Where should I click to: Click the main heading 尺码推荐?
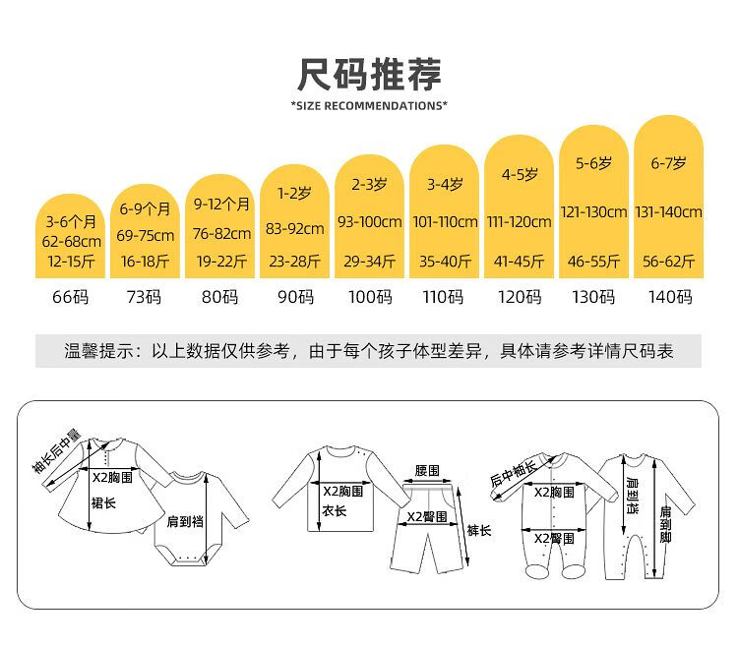point(369,75)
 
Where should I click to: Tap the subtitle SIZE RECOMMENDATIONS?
point(369,105)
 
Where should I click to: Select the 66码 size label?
point(70,297)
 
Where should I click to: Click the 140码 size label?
point(670,297)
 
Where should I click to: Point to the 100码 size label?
point(370,297)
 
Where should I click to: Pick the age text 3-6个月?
point(71,221)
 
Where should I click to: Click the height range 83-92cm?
point(294,229)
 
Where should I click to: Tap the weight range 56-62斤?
point(669,261)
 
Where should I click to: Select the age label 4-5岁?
point(520,174)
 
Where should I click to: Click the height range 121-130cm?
point(594,212)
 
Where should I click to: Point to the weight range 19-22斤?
point(221,261)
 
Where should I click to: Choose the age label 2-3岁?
point(369,184)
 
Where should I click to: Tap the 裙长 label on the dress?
point(103,503)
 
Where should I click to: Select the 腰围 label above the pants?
point(427,470)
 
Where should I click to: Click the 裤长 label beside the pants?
point(479,530)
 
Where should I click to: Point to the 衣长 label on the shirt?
point(335,510)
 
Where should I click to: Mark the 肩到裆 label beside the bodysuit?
point(185,521)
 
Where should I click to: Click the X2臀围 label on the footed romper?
point(554,539)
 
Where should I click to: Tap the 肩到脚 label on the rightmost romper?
point(665,524)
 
